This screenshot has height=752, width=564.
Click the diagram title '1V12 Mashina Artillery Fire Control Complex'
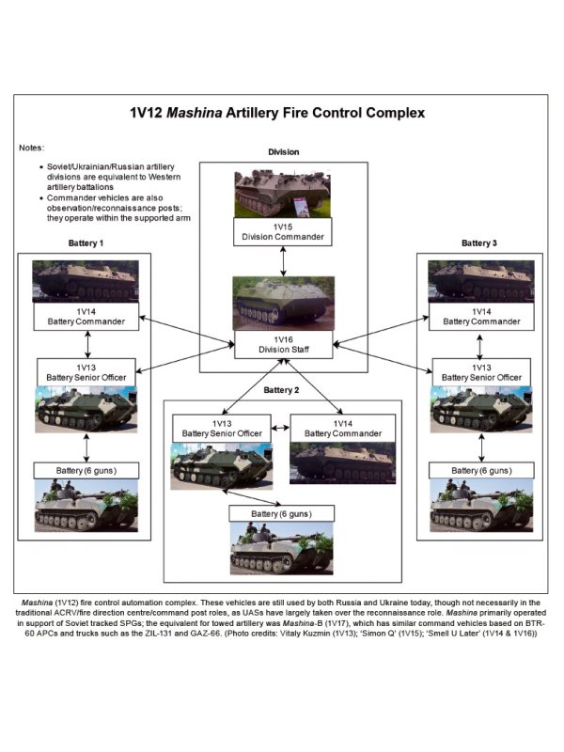[277, 113]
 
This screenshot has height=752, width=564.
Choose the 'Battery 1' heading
[86, 243]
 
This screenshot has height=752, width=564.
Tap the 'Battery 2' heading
[281, 389]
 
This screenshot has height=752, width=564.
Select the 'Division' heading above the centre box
[283, 152]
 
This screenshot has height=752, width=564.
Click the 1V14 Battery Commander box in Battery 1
[86, 316]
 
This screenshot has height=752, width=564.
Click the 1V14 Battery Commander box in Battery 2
[336, 428]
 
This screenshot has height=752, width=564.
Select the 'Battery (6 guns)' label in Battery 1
[86, 469]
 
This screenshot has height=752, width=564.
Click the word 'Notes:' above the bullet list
[33, 149]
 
